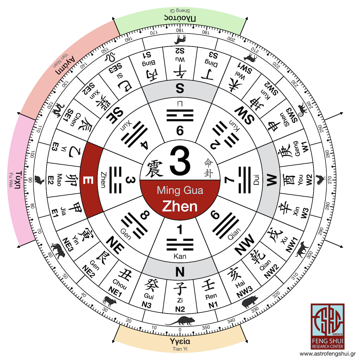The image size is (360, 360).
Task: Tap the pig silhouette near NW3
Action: pos(250,302)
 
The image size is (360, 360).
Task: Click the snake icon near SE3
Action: pos(110,57)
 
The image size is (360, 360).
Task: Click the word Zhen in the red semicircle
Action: pos(180,206)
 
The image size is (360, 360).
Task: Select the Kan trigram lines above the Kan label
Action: pos(180,244)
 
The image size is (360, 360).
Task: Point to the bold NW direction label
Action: pos(244,244)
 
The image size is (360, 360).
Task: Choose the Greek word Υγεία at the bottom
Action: pos(180,341)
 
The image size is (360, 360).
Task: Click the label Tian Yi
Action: pos(180,349)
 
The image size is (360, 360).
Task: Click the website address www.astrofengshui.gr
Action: pos(328,354)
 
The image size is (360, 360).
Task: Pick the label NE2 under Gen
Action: pos(89,271)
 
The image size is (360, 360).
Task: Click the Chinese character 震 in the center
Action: pos(154,169)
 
